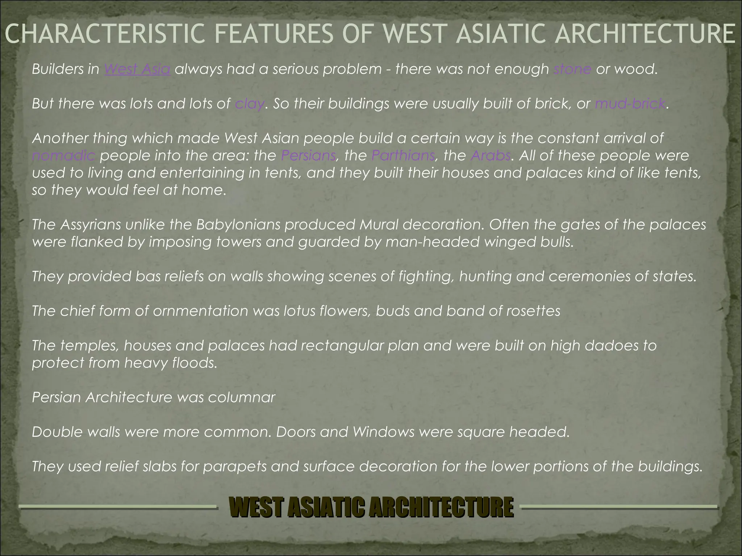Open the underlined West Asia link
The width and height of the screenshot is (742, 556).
[137, 69]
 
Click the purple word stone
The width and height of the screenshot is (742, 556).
[572, 69]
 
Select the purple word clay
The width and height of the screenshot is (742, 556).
[250, 104]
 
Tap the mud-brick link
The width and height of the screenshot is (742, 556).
[630, 104]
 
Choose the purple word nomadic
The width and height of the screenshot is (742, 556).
[63, 156]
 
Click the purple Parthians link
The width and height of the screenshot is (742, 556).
[403, 156]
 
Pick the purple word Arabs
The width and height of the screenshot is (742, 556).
[491, 156]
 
